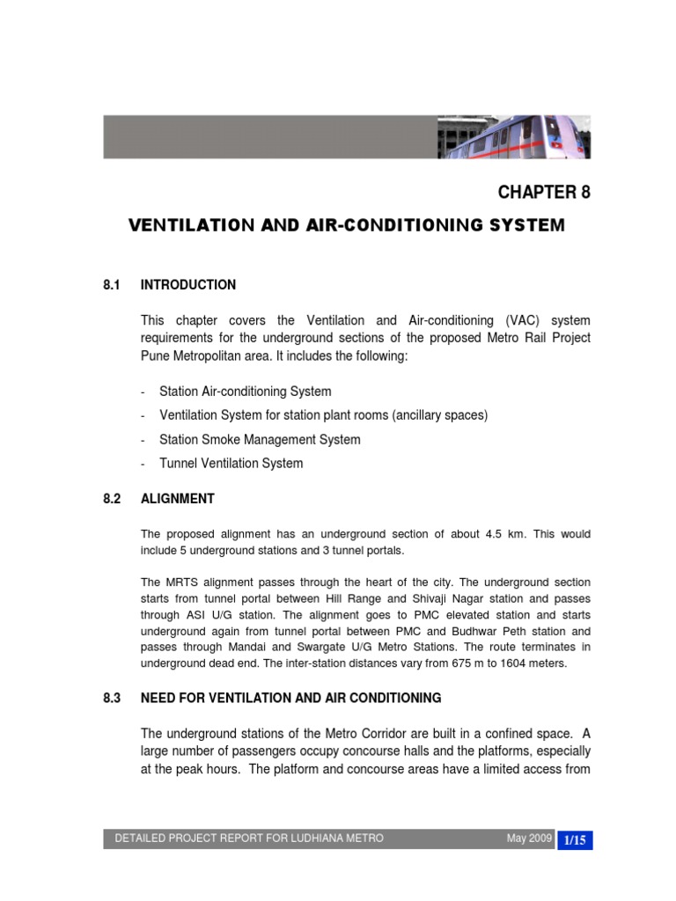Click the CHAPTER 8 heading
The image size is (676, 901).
[544, 193]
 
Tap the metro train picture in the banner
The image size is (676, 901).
[515, 136]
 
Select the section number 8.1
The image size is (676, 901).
[111, 285]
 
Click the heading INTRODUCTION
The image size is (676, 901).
[188, 285]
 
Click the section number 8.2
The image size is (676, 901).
[111, 499]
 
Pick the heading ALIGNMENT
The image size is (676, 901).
[177, 499]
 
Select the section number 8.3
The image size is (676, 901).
[111, 699]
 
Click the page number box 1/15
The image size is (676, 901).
[575, 839]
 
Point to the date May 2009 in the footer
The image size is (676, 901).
[528, 839]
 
